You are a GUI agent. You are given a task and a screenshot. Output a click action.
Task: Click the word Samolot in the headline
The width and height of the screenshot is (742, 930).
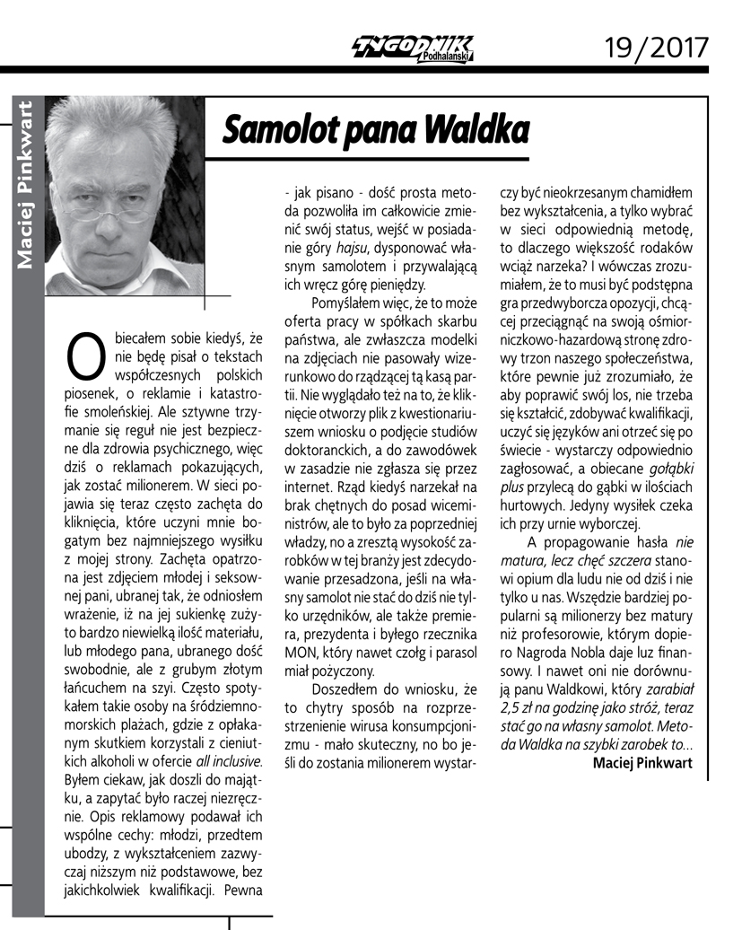click(x=273, y=130)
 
